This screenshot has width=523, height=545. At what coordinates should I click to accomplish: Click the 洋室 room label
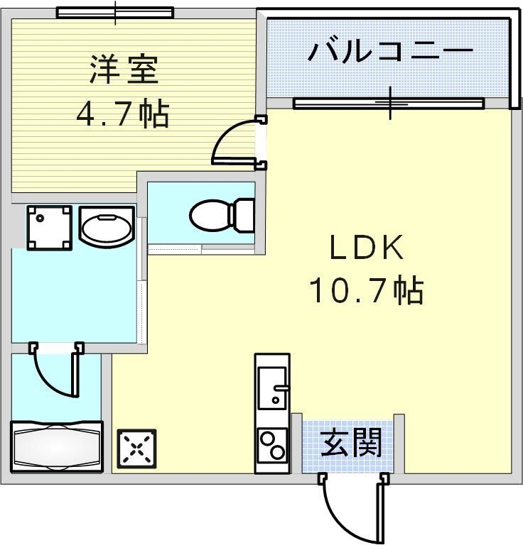(x=122, y=71)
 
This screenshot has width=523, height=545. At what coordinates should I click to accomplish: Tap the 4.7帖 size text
(x=122, y=113)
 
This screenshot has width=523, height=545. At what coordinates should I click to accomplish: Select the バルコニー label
(x=390, y=52)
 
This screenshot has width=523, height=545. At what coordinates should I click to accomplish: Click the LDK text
(x=366, y=248)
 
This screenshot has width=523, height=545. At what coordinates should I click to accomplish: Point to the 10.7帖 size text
(x=366, y=290)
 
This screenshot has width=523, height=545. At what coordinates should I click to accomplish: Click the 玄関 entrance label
(x=351, y=444)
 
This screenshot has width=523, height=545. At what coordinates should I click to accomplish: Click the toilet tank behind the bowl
(x=244, y=214)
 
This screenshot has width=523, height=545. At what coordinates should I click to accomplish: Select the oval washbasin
(x=106, y=228)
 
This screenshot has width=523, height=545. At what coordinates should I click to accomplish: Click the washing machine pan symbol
(x=49, y=227)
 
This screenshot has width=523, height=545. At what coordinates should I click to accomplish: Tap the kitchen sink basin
(x=271, y=388)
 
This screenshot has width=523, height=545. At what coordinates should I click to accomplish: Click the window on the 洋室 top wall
(x=115, y=13)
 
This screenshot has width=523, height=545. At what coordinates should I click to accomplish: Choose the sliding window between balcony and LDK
(x=389, y=104)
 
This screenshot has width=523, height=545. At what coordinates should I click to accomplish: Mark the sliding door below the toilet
(x=202, y=248)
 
